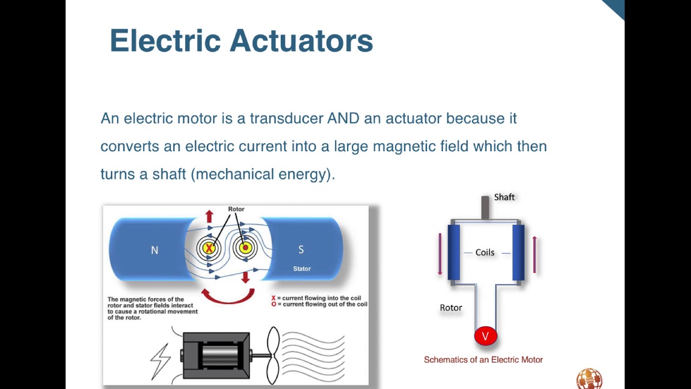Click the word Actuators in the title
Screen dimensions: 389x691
pos(301,41)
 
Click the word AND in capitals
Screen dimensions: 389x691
pos(343,118)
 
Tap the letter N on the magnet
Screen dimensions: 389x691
pos(154,250)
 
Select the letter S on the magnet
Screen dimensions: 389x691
pos(301,250)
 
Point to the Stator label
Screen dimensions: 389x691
pos(302,269)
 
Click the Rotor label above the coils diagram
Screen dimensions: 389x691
pos(236,209)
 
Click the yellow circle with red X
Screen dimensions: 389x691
pos(208,248)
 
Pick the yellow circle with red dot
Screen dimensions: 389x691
pos(245,248)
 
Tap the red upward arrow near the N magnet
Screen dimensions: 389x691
pos(209,217)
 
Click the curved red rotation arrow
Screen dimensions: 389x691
pos(228,297)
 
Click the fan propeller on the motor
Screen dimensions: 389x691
pos(273,355)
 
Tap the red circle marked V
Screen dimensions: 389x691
pos(485,336)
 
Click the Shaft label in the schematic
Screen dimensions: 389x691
pos(504,197)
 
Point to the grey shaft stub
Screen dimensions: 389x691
pos(485,207)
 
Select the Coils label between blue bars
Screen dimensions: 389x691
pos(485,252)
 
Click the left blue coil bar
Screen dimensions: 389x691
pos(453,252)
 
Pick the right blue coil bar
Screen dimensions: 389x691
pos(518,252)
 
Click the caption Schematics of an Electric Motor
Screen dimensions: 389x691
pos(483,360)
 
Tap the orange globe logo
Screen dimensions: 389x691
pos(589,379)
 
